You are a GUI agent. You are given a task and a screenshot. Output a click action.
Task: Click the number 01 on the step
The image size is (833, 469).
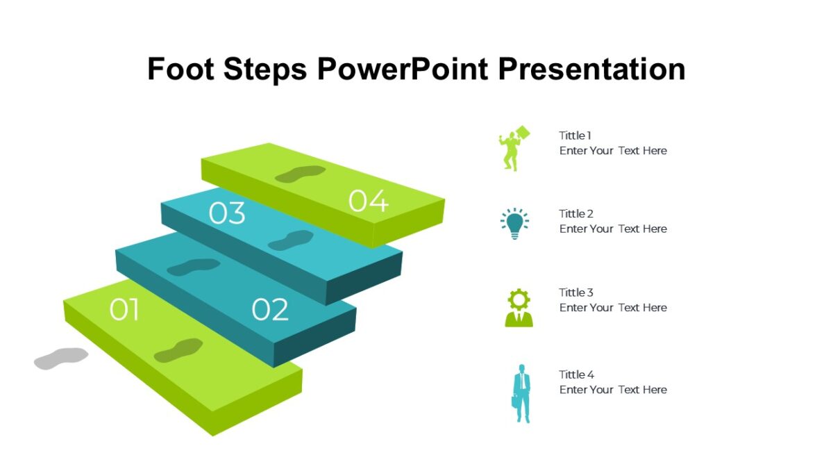(x=124, y=310)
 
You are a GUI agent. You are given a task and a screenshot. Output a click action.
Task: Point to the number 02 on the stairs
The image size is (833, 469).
(x=269, y=310)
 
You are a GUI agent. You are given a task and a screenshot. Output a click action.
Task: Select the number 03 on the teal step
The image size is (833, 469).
(x=227, y=214)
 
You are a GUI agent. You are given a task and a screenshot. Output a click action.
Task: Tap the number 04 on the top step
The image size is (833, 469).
(x=368, y=201)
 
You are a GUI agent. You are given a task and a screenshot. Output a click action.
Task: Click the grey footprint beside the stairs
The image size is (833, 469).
(x=61, y=358)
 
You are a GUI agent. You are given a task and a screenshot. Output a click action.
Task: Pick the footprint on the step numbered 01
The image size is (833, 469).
(x=178, y=350)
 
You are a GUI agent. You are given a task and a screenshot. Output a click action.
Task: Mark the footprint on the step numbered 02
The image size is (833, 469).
(x=193, y=267)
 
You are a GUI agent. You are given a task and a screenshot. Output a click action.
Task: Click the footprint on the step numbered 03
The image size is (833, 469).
(x=291, y=240)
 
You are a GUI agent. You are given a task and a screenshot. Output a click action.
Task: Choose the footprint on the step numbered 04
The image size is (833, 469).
(x=300, y=174)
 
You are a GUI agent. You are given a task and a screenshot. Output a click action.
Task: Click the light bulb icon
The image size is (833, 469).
(x=514, y=223)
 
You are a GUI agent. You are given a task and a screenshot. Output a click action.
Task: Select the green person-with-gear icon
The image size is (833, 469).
(x=519, y=308)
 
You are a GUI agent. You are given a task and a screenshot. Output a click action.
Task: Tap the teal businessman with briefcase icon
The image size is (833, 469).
(x=521, y=393)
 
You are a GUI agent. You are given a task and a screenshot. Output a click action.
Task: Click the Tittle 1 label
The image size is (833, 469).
(x=575, y=135)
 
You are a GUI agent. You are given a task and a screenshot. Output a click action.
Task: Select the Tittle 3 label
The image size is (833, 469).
(x=576, y=293)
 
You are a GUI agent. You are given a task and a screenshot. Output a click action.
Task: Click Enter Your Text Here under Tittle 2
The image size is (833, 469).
(x=613, y=229)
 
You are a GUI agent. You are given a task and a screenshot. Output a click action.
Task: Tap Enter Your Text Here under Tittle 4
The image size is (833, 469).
(x=613, y=390)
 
